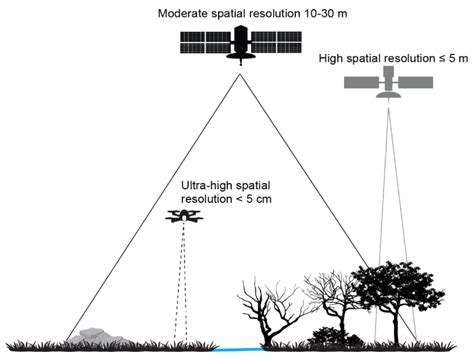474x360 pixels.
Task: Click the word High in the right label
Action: (332, 58)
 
